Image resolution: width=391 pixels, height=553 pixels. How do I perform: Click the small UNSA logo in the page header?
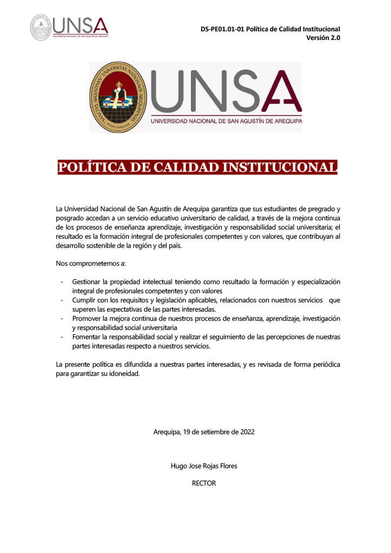click(x=69, y=26)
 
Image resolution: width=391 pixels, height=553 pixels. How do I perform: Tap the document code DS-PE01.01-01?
click(x=221, y=29)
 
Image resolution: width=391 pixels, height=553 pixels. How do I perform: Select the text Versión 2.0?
click(x=323, y=38)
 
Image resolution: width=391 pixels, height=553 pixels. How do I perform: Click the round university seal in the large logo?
click(x=118, y=97)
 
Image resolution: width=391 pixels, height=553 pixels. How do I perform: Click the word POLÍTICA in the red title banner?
click(x=91, y=167)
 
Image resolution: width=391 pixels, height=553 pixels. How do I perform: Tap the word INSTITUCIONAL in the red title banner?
click(x=280, y=167)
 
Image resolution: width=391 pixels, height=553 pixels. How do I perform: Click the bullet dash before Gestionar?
click(x=62, y=282)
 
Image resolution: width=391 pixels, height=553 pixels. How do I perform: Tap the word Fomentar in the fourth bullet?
click(x=87, y=337)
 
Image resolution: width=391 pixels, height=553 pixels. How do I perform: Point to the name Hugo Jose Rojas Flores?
click(x=204, y=466)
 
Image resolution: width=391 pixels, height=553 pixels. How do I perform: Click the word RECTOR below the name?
click(x=204, y=483)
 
